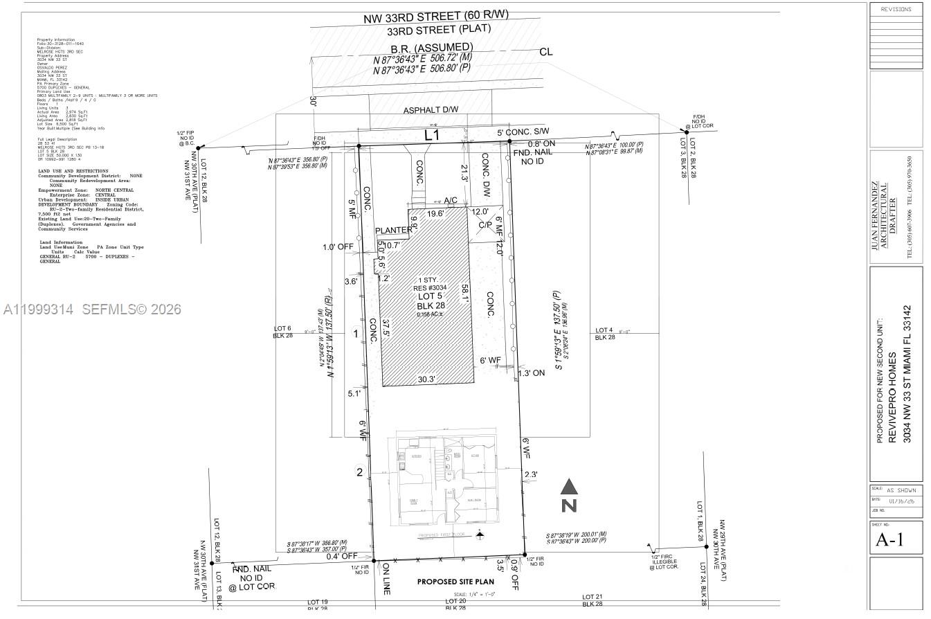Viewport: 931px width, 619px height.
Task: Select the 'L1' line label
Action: point(432,135)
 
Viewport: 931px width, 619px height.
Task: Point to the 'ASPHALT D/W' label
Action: point(431,111)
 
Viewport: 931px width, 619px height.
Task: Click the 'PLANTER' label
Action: point(392,231)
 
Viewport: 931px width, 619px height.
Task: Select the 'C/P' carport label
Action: point(485,225)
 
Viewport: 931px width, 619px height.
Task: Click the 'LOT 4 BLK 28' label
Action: point(604,334)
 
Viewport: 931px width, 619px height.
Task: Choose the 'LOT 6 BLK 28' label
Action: point(282,332)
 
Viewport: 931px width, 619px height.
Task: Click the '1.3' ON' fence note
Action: point(532,373)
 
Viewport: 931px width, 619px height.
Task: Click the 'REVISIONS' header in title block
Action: point(896,9)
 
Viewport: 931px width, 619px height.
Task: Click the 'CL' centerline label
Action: point(545,51)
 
